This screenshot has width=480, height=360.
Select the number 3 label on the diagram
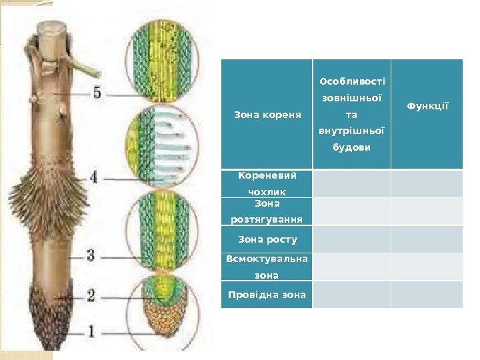[x=92, y=254]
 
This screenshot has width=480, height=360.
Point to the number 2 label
[x=91, y=294]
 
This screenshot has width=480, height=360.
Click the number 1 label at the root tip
[x=91, y=330]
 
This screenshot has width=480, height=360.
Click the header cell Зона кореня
[x=267, y=114]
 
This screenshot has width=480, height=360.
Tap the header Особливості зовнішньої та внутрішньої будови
[x=351, y=114]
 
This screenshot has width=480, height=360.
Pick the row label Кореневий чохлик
[x=267, y=183]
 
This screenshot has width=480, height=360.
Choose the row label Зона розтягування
[x=267, y=211]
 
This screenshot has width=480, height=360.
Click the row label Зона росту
[x=267, y=239]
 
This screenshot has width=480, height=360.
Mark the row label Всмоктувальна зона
[x=267, y=267]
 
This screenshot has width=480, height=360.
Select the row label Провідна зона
[x=267, y=295]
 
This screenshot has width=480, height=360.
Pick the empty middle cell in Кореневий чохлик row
[x=351, y=183]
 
